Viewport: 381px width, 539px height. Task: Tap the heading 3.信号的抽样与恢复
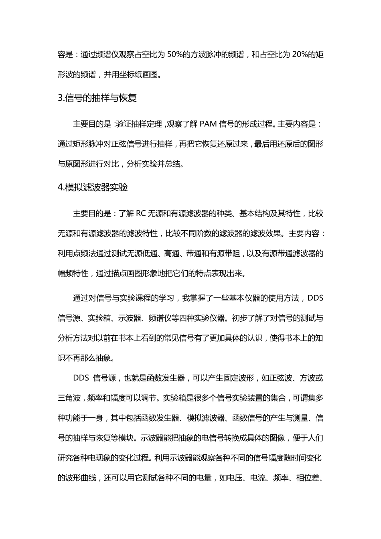click(97, 98)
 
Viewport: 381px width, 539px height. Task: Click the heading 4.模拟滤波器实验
click(93, 187)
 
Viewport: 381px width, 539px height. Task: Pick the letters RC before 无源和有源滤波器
click(141, 214)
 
